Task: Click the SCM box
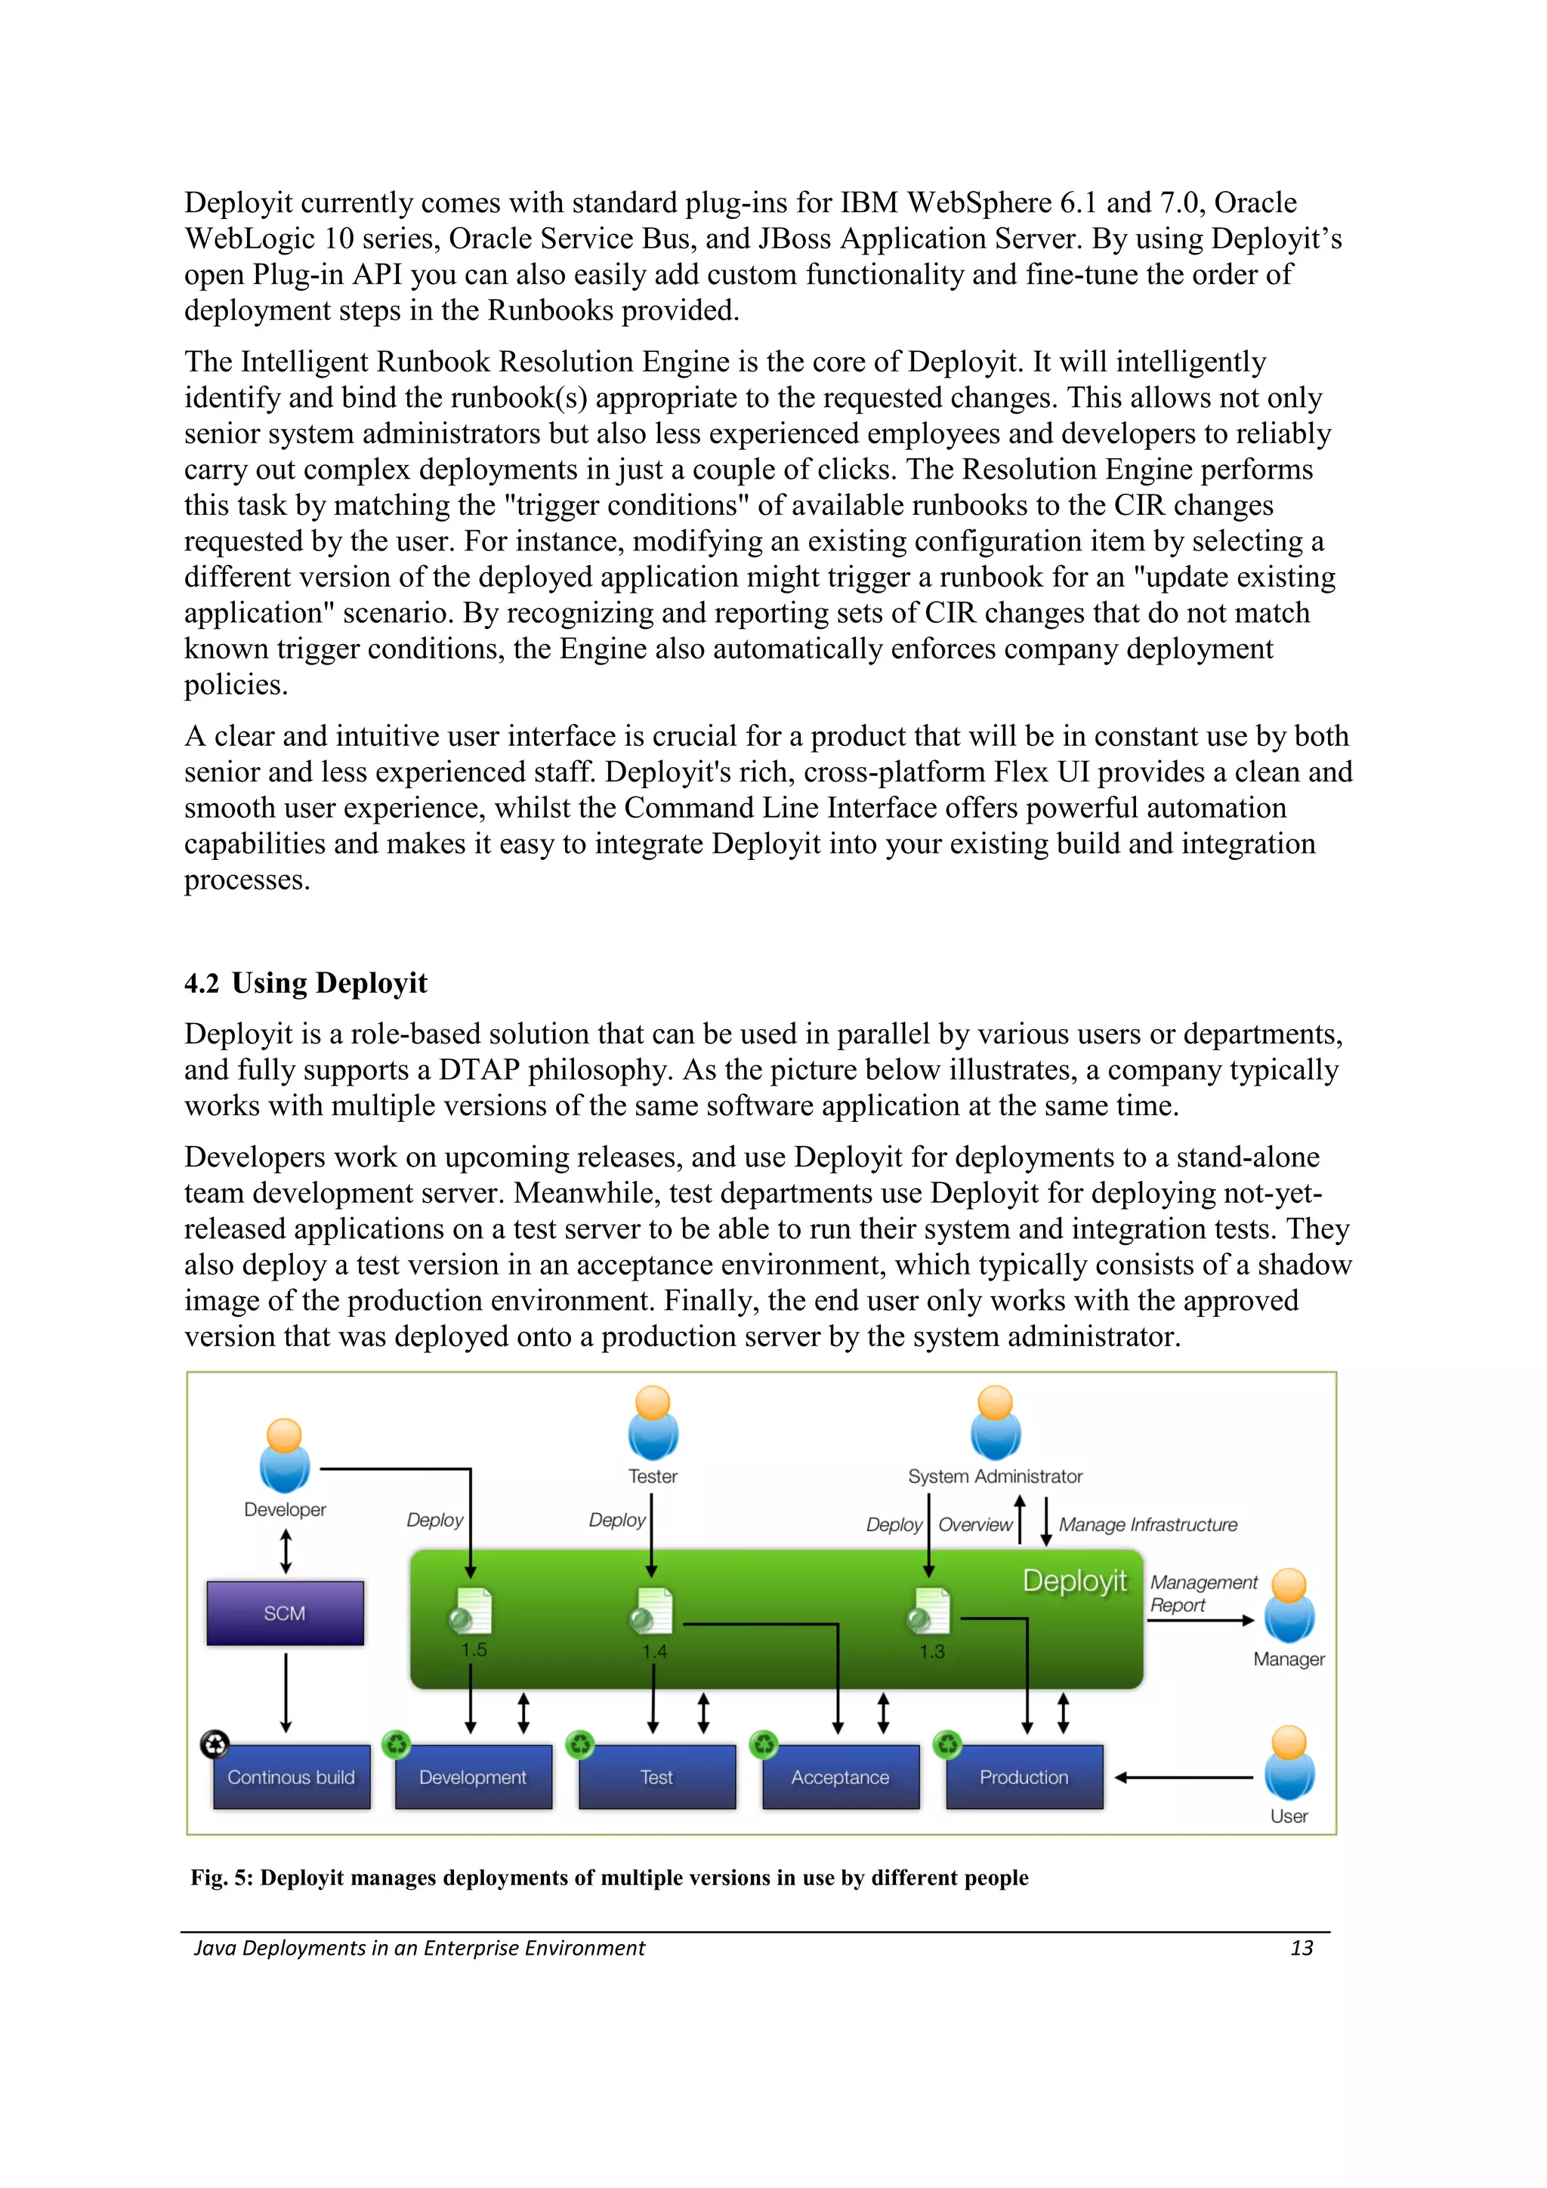tap(285, 1613)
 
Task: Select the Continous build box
tap(291, 1777)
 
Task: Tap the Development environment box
tap(473, 1777)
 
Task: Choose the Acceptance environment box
tap(840, 1777)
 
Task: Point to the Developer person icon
tap(284, 1455)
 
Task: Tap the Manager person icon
tap(1289, 1606)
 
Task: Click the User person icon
tap(1289, 1763)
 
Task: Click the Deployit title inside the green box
tap(1074, 1581)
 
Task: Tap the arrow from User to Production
tap(1184, 1777)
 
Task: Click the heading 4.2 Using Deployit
tap(305, 982)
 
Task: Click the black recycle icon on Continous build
tap(215, 1744)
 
